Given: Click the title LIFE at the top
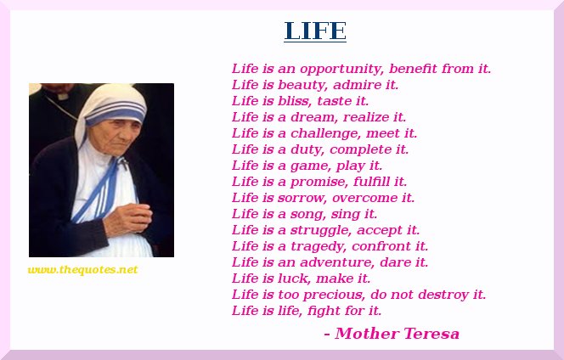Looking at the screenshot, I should click(315, 31).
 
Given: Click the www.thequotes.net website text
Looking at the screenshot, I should click(82, 270).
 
